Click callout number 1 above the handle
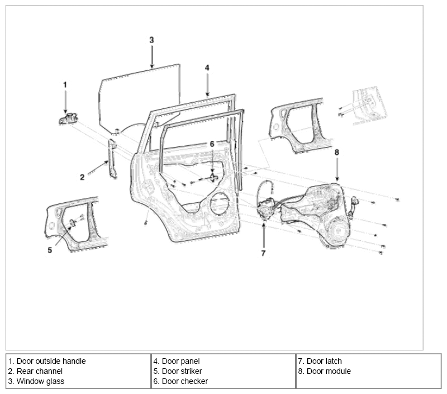(65, 85)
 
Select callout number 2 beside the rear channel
(82, 177)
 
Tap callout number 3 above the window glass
(151, 40)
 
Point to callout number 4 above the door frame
(207, 68)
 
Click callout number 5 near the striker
(50, 250)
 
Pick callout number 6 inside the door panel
(212, 144)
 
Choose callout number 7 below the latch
(263, 253)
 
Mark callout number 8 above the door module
(337, 152)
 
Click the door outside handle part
(68, 118)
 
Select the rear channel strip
(112, 159)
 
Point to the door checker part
(213, 177)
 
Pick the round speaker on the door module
(338, 230)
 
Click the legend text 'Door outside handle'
(51, 361)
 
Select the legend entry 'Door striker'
(182, 371)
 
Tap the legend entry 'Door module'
(329, 371)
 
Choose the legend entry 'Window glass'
(40, 381)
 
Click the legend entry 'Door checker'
(185, 381)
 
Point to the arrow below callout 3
(152, 57)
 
